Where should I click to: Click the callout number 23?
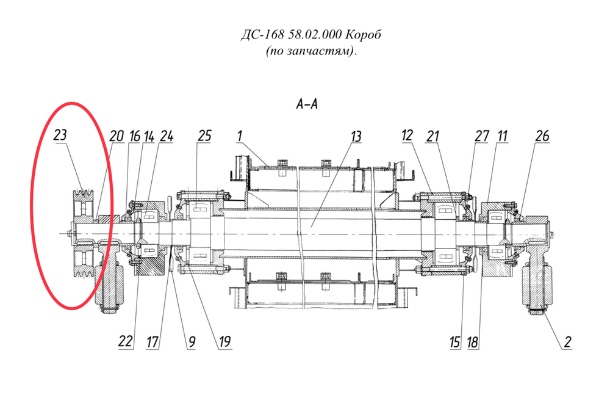(x=60, y=135)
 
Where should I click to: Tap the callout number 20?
(x=117, y=136)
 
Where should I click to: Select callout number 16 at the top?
(x=135, y=136)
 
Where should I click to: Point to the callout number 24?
(x=166, y=136)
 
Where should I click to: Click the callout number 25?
(x=204, y=136)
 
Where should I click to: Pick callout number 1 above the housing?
(x=240, y=136)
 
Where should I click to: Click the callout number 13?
(x=356, y=136)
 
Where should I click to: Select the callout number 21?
(x=432, y=136)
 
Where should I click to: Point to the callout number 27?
(x=482, y=136)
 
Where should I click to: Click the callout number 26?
(x=542, y=136)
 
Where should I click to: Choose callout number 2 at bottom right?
(x=567, y=342)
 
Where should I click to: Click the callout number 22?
(x=126, y=341)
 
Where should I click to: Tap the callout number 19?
(x=225, y=341)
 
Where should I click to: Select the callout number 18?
(x=473, y=343)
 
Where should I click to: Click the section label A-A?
(x=307, y=104)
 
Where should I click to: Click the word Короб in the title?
(x=364, y=35)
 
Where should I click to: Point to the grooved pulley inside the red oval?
(x=84, y=233)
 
